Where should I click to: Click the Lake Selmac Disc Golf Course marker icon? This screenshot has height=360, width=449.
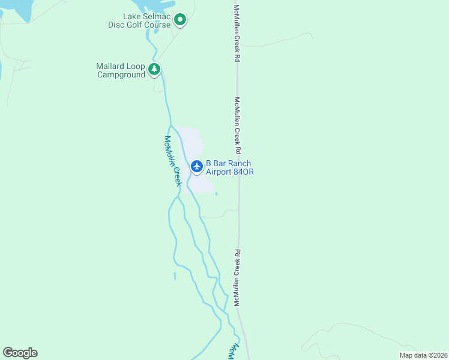179,20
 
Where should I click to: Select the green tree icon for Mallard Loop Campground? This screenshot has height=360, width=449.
155,70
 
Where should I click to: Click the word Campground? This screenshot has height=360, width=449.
121,75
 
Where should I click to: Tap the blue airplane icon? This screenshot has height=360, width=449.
196,166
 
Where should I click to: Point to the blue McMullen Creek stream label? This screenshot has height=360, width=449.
172,160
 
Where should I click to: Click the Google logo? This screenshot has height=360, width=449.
20,353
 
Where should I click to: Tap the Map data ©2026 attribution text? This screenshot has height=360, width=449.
423,355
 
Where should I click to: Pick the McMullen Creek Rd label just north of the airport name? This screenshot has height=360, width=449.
238,125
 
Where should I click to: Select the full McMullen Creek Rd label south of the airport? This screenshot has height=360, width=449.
238,278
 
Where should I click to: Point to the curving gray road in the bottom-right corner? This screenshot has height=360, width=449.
324,337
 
